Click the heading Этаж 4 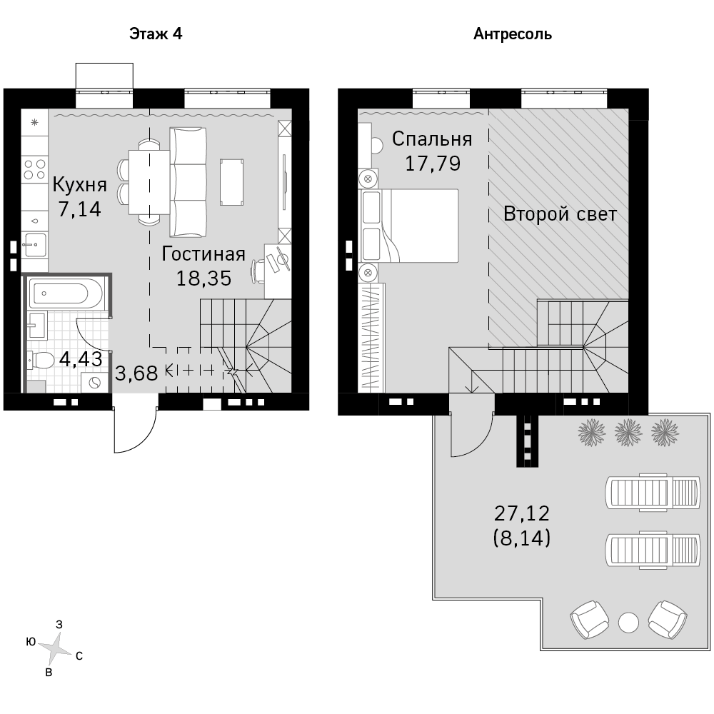(x=156, y=34)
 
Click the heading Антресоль (x=513, y=34)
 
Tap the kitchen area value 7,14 (x=80, y=209)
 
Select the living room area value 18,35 (x=204, y=278)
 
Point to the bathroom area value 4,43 (x=81, y=359)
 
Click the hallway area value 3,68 (x=136, y=373)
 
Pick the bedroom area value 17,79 (x=433, y=164)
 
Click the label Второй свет (x=560, y=214)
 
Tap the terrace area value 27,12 (x=522, y=513)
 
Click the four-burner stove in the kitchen (x=34, y=169)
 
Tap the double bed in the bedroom (x=410, y=226)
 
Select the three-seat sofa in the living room (x=188, y=182)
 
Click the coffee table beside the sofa (x=232, y=182)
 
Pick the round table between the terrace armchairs (x=628, y=623)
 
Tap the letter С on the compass (x=79, y=656)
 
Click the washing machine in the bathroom (x=95, y=383)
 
